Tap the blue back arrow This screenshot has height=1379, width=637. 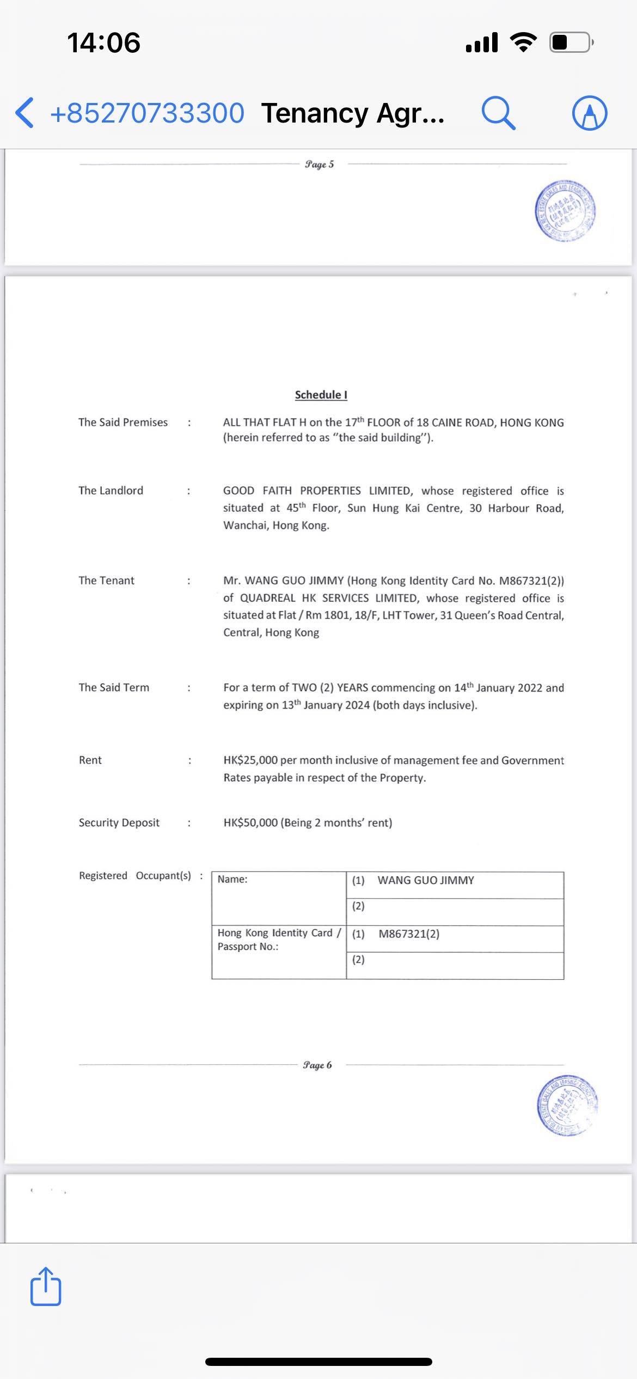pos(24,113)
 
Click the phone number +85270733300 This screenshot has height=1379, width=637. pos(147,113)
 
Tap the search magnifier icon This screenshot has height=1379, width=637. pos(498,113)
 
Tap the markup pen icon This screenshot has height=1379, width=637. pos(590,113)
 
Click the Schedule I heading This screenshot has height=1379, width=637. pos(321,395)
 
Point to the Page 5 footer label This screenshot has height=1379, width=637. pos(320,164)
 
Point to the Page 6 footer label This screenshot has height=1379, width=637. pos(317,1065)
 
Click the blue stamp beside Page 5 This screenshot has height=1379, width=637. pos(565,211)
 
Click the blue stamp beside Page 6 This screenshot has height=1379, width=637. pos(567,1106)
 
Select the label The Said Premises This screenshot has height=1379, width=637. pos(123,422)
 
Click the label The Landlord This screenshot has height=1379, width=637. pos(111,490)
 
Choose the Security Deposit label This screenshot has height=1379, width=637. pos(119,822)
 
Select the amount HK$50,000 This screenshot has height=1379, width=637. pos(250,822)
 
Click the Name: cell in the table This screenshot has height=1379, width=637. pos(279,898)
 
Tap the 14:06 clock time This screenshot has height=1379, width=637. pos(103,42)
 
